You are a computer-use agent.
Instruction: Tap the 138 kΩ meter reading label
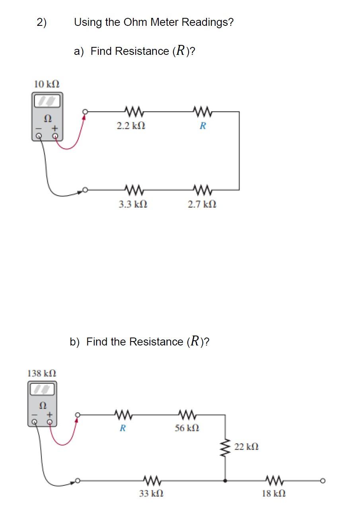point(42,373)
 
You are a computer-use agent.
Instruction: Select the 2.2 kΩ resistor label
point(130,126)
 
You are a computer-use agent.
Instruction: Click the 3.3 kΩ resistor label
point(133,204)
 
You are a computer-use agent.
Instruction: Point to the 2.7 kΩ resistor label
point(202,204)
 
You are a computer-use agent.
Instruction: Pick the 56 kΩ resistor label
point(187,428)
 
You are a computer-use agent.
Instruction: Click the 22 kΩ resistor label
point(247,446)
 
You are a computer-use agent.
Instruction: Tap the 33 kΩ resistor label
point(151,493)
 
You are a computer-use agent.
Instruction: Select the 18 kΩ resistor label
point(273,493)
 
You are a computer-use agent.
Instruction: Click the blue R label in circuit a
point(202,126)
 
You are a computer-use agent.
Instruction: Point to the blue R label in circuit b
point(123,428)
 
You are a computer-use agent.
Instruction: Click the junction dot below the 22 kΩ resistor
point(226,481)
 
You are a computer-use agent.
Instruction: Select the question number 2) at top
point(41,22)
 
